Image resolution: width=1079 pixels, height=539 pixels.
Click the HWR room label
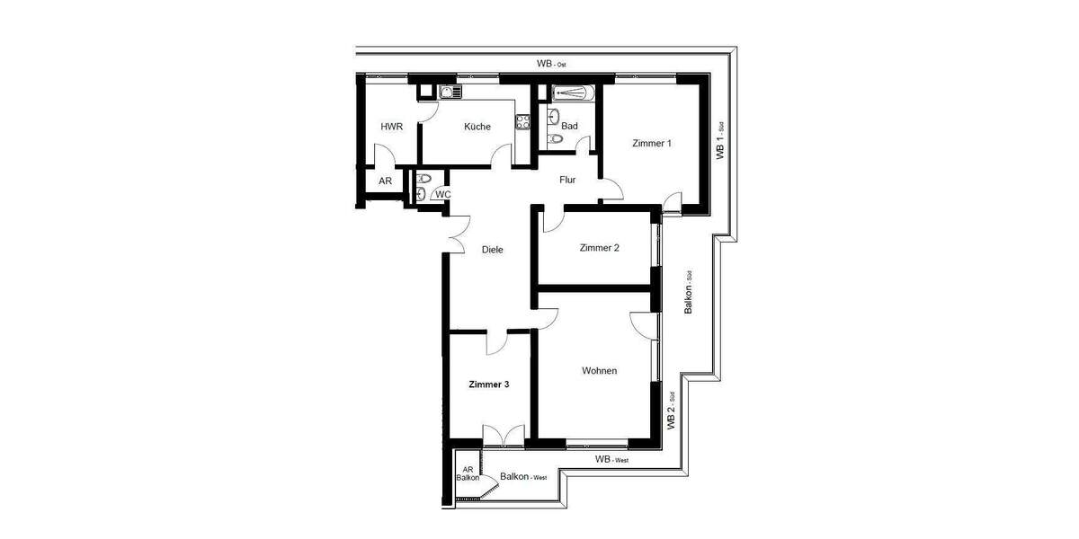(x=391, y=127)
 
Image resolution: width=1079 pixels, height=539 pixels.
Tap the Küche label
(x=477, y=127)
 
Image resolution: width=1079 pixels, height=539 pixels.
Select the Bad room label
(x=569, y=127)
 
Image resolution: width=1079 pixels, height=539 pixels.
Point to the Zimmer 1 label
(x=652, y=143)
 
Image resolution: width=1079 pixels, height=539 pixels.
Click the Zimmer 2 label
(x=599, y=248)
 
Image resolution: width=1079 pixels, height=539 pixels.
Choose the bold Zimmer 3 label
(x=489, y=384)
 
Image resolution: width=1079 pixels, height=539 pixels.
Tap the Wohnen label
(x=599, y=371)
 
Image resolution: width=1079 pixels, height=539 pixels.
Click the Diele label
(x=492, y=250)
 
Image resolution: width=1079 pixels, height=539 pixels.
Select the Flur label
(x=567, y=181)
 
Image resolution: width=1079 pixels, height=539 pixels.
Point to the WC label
(x=442, y=194)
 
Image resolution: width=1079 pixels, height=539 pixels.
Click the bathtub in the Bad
(x=568, y=92)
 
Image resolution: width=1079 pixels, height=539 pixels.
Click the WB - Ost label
(x=552, y=64)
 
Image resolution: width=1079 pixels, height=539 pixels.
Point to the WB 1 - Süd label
(x=720, y=142)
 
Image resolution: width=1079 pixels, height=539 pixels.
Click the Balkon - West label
(x=523, y=477)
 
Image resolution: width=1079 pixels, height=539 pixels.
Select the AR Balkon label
(x=468, y=473)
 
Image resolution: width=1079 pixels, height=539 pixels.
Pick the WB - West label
(x=612, y=460)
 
